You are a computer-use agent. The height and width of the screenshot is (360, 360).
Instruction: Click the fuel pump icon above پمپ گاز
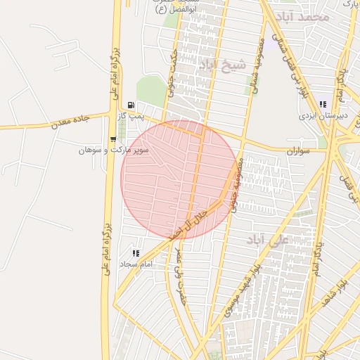(131, 105)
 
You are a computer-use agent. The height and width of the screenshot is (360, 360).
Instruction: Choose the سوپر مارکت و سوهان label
(113, 150)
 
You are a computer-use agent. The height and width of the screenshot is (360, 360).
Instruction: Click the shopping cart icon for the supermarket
(113, 139)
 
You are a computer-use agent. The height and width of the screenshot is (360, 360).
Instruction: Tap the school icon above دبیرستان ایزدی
(322, 104)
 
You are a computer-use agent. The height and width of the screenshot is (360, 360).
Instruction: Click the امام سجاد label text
(136, 264)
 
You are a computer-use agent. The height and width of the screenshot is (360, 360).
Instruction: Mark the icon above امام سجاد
(136, 253)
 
